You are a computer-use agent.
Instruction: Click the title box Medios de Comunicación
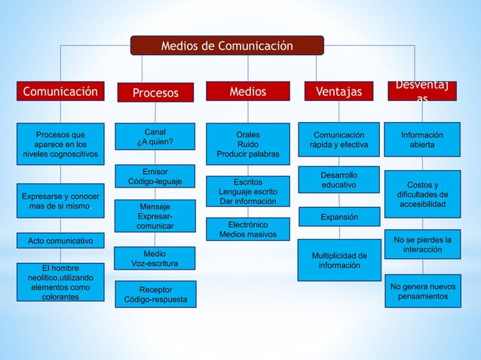(x=227, y=46)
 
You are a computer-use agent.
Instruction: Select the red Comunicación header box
(x=60, y=92)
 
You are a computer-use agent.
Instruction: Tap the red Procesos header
(x=155, y=93)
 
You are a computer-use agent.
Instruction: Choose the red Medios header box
(x=248, y=92)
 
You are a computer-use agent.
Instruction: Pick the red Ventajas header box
(x=339, y=92)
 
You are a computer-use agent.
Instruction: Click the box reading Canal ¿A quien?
(x=155, y=137)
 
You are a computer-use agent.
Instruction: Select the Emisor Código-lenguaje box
(x=155, y=177)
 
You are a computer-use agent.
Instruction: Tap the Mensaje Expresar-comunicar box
(x=155, y=216)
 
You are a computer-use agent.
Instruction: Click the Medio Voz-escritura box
(x=155, y=258)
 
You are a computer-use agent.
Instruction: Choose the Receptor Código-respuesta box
(x=155, y=294)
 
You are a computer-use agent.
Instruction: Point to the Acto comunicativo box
(x=60, y=241)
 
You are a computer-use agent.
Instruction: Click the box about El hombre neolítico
(x=60, y=282)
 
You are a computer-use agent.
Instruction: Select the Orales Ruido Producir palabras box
(x=248, y=145)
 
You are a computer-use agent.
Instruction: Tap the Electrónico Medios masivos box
(x=248, y=230)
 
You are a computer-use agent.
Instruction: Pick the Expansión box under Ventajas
(x=339, y=217)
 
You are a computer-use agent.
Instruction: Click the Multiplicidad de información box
(x=339, y=260)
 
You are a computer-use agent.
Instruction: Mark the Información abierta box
(x=422, y=139)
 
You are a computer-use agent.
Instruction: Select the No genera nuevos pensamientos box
(x=422, y=291)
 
